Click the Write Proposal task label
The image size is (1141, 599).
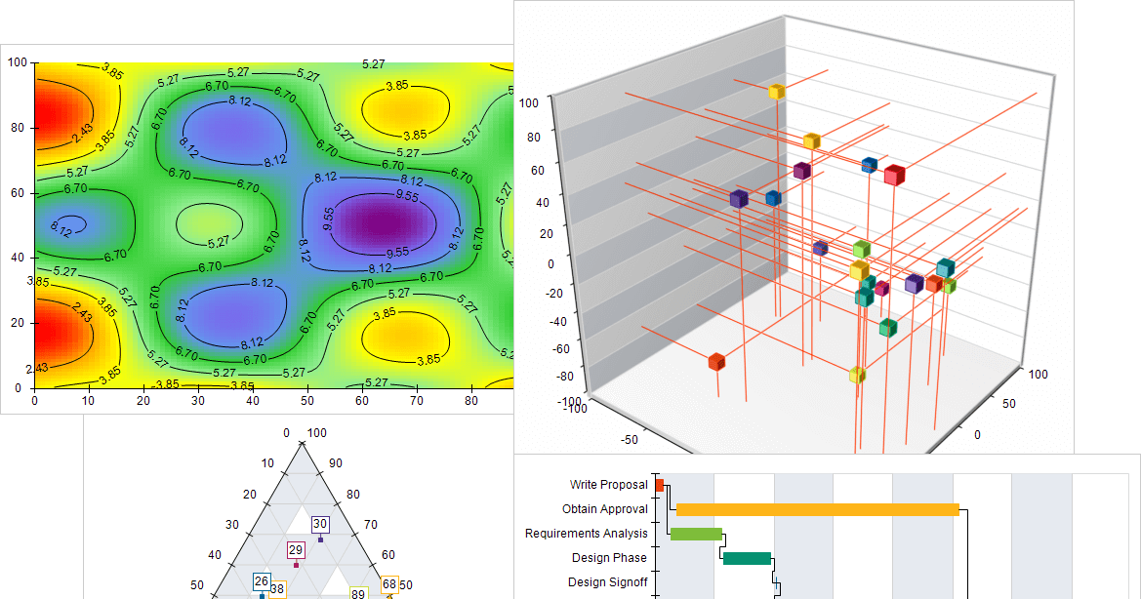click(608, 485)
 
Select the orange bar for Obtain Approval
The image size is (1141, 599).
click(818, 509)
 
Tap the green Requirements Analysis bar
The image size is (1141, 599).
click(696, 535)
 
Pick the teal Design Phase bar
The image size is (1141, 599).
click(747, 558)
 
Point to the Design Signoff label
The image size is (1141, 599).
click(608, 582)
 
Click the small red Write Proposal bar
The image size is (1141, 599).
click(659, 485)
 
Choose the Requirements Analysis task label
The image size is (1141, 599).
click(586, 534)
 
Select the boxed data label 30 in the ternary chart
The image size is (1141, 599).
click(320, 524)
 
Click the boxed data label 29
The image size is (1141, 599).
click(296, 549)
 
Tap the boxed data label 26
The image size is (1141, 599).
click(262, 580)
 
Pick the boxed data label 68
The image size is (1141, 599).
click(389, 583)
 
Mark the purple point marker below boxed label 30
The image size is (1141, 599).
click(320, 539)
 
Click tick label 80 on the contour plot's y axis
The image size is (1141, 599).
click(18, 128)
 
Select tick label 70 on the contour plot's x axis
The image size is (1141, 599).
click(416, 401)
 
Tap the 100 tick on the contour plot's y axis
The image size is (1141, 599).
click(18, 62)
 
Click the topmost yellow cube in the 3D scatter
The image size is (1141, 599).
click(776, 92)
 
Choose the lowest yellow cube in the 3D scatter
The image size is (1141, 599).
click(857, 375)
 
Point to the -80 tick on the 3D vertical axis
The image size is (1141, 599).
click(563, 376)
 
